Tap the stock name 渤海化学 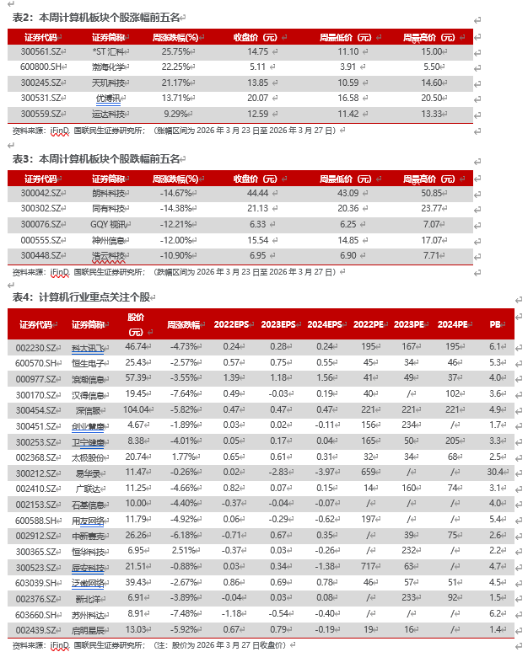click(x=107, y=67)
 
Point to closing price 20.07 click(x=256, y=98)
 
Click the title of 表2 click(x=98, y=17)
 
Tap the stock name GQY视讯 click(x=107, y=224)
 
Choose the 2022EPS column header click(x=230, y=324)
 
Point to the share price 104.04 click(x=135, y=409)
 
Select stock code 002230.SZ click(x=36, y=346)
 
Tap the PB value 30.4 click(x=495, y=473)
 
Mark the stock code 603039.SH click(x=36, y=583)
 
